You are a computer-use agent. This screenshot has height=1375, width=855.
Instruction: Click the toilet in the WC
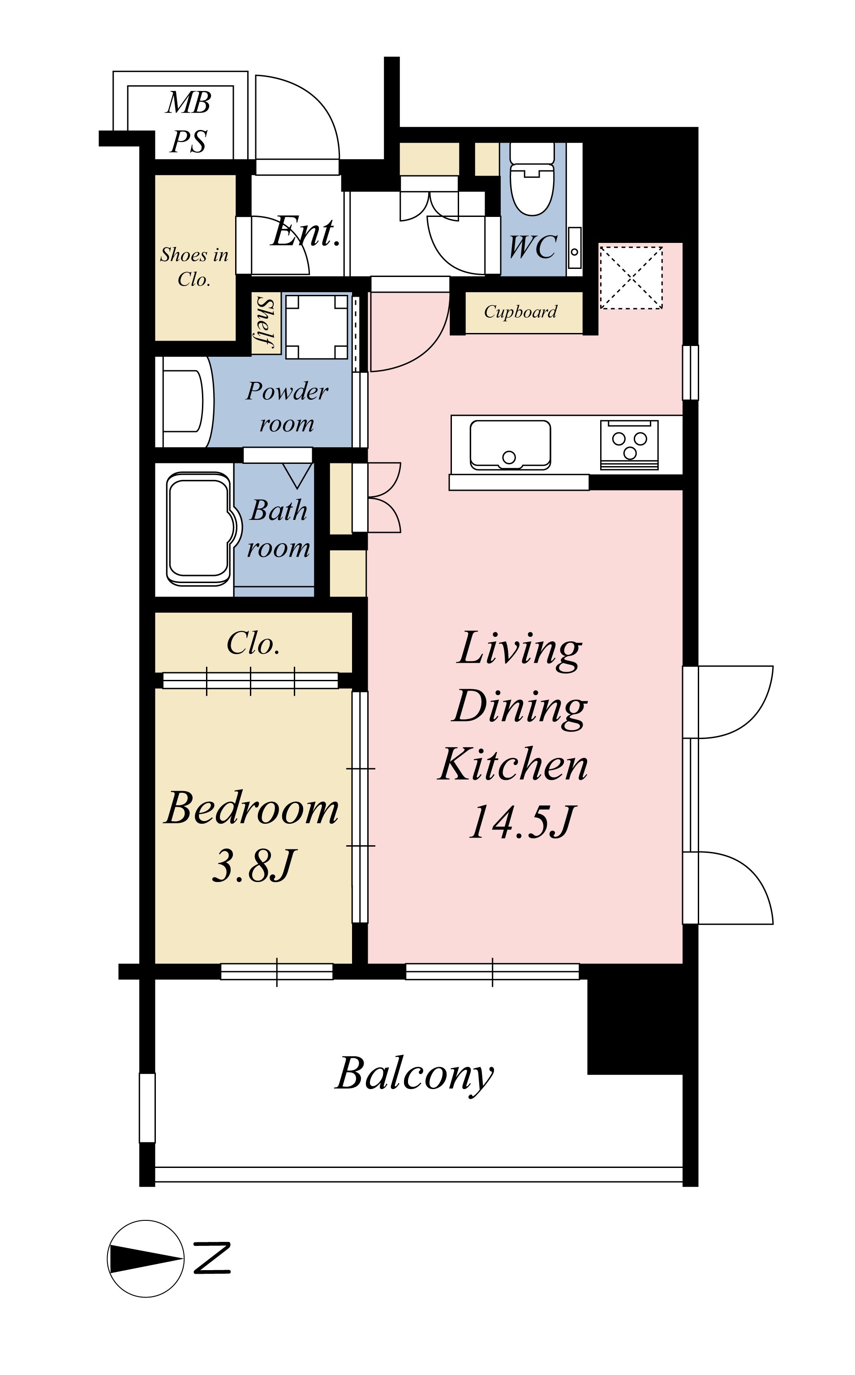(x=532, y=179)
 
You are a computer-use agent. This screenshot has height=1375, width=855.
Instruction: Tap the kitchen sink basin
(x=510, y=445)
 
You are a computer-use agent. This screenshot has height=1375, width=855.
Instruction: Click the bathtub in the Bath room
(x=198, y=529)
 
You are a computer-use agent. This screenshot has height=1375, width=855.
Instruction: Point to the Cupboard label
(x=520, y=312)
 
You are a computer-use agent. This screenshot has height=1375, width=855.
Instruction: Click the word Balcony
(x=414, y=1075)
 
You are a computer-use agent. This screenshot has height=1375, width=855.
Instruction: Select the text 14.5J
(x=521, y=822)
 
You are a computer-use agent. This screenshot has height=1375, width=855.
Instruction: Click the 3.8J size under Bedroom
(x=253, y=866)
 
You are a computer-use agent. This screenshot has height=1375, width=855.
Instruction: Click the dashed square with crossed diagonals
(x=631, y=277)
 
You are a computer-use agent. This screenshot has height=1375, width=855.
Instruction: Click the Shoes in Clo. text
(x=194, y=267)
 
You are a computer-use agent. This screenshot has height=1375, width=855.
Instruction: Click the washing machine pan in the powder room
(x=317, y=326)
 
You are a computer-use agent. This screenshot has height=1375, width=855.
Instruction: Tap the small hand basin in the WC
(x=575, y=247)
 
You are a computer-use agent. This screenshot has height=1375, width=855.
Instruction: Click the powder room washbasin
(x=183, y=401)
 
